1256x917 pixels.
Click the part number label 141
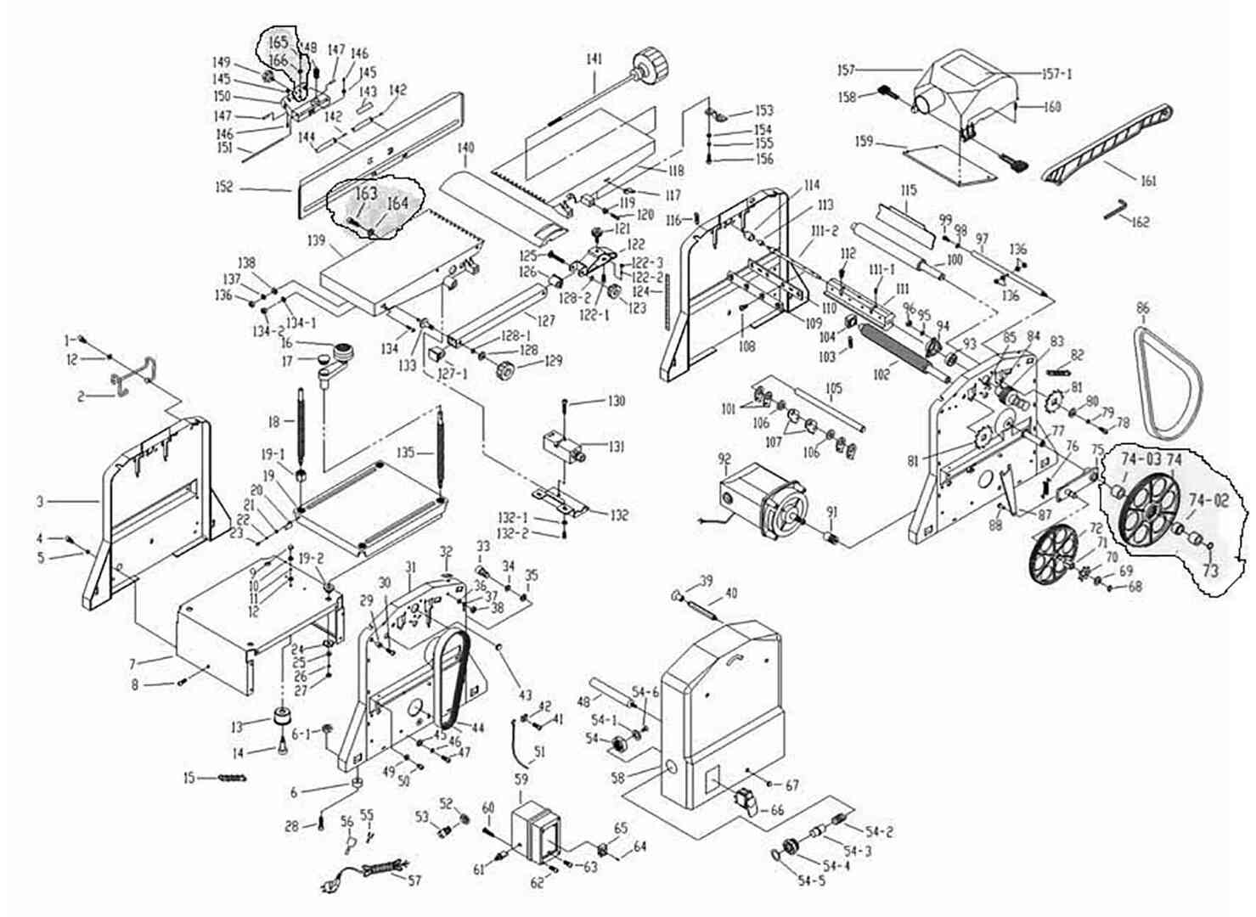pyautogui.click(x=594, y=59)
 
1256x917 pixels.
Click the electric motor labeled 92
pyautogui.click(x=761, y=501)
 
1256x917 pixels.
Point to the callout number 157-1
pyautogui.click(x=1056, y=74)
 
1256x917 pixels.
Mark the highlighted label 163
pyautogui.click(x=365, y=194)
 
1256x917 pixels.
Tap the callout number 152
pyautogui.click(x=222, y=187)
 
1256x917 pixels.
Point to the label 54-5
pyautogui.click(x=811, y=880)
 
